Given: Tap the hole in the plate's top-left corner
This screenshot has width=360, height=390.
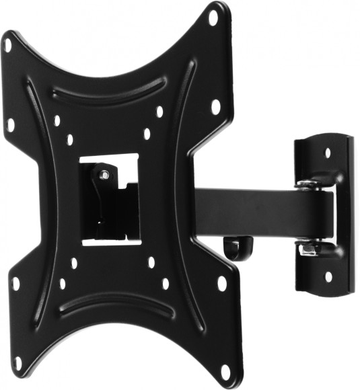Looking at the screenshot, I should click(8, 46).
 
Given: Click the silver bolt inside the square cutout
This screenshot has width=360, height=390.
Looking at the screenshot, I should click(103, 175).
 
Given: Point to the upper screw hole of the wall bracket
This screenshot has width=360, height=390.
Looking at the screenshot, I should click(328, 153).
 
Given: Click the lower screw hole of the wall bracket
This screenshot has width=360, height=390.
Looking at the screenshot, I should click(328, 276).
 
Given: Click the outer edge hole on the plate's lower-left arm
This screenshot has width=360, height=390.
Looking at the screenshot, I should click(15, 283).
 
